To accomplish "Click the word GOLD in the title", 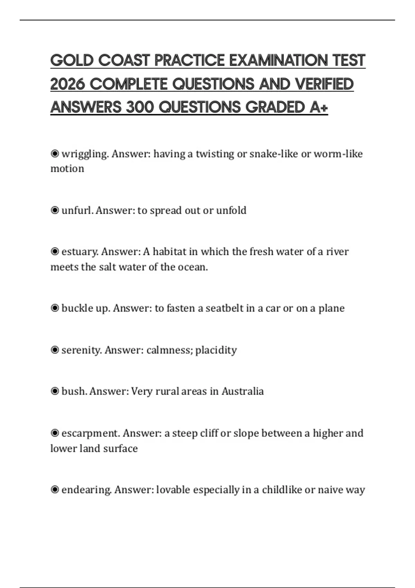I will tap(72, 61).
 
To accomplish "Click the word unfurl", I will tap(77, 210).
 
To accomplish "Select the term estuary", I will tap(80, 251).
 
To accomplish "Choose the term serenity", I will tap(82, 350).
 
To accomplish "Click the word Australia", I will tap(242, 391).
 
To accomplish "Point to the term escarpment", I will tap(91, 433).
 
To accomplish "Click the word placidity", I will tap(216, 350).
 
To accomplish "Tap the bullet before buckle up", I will tap(55, 308).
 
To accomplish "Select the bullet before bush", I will tap(55, 391).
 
